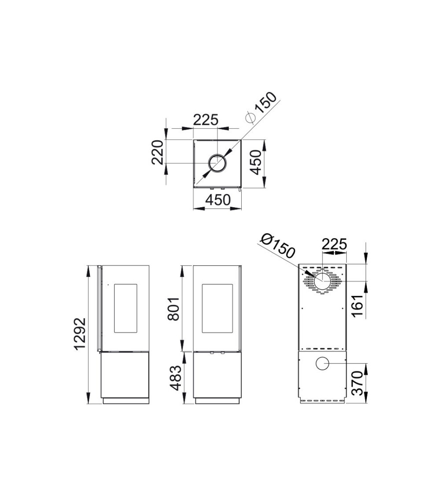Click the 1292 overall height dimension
pyautogui.click(x=79, y=334)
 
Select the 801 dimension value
pyautogui.click(x=174, y=309)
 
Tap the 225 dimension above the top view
pyautogui.click(x=206, y=120)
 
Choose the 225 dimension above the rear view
pyautogui.click(x=334, y=244)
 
